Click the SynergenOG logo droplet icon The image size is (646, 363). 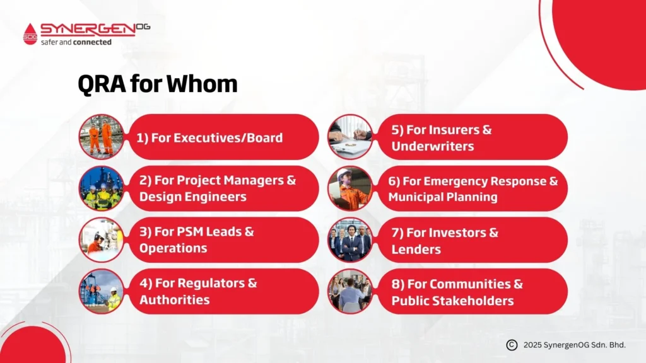[30, 33]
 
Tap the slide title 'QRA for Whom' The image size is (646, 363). [157, 84]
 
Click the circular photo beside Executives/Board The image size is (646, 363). [101, 137]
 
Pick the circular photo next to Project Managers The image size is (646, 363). [101, 188]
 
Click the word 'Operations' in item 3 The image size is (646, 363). [173, 248]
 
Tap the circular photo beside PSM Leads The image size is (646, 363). [101, 240]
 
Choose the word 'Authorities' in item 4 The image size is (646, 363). [175, 299]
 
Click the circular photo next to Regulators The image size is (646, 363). [101, 291]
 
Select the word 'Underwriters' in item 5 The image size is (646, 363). [433, 146]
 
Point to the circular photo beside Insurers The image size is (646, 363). [350, 137]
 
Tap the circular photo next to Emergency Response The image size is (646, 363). [350, 188]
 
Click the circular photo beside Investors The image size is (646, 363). [350, 240]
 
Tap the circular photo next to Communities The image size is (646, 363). [350, 291]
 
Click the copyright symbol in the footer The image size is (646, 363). [512, 345]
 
